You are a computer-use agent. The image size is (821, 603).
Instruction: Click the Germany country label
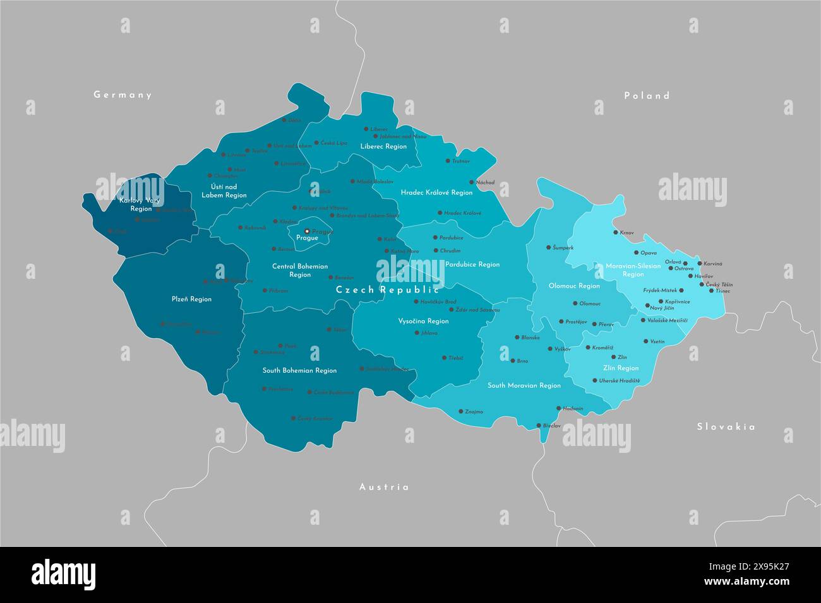(x=123, y=95)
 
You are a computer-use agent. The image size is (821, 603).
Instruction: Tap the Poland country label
(x=647, y=96)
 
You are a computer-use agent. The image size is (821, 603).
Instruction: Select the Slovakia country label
(x=726, y=427)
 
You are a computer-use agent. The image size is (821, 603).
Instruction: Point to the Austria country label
(x=384, y=487)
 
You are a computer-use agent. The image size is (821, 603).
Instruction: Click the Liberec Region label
(x=383, y=146)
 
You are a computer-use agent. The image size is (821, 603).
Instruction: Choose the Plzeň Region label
(x=191, y=299)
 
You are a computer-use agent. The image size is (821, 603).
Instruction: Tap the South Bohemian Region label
(x=299, y=371)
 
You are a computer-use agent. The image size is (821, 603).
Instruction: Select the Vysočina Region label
(x=423, y=321)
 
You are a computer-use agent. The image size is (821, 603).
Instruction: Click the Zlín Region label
(x=621, y=368)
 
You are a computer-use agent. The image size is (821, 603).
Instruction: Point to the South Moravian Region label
(x=524, y=385)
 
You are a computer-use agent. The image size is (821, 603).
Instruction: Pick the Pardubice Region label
(x=472, y=264)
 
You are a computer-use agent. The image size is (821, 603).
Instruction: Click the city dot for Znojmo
(x=460, y=411)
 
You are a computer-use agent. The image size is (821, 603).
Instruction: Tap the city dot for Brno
(x=512, y=361)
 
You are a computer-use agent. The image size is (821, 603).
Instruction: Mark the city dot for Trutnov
(x=448, y=161)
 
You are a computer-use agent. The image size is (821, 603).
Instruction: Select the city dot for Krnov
(x=616, y=232)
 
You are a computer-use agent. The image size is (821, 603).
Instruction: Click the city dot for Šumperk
(x=548, y=247)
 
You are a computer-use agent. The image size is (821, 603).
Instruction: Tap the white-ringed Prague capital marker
(x=307, y=231)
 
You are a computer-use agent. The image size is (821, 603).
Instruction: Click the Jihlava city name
(x=429, y=332)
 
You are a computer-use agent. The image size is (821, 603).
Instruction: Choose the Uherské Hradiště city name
(x=619, y=380)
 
